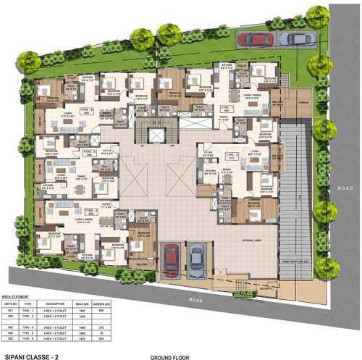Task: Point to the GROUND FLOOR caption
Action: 169,356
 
